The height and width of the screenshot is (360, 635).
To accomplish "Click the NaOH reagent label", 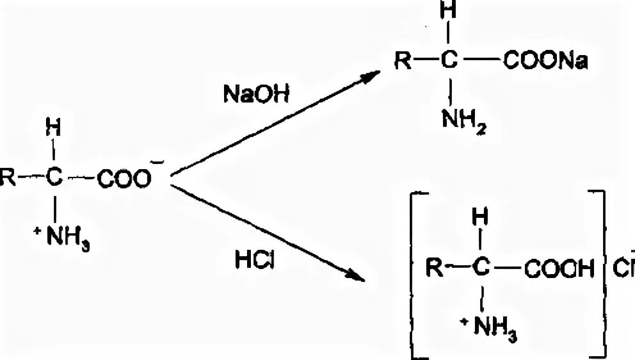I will click(256, 94).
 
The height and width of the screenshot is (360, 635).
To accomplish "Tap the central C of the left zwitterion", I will click(56, 181).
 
